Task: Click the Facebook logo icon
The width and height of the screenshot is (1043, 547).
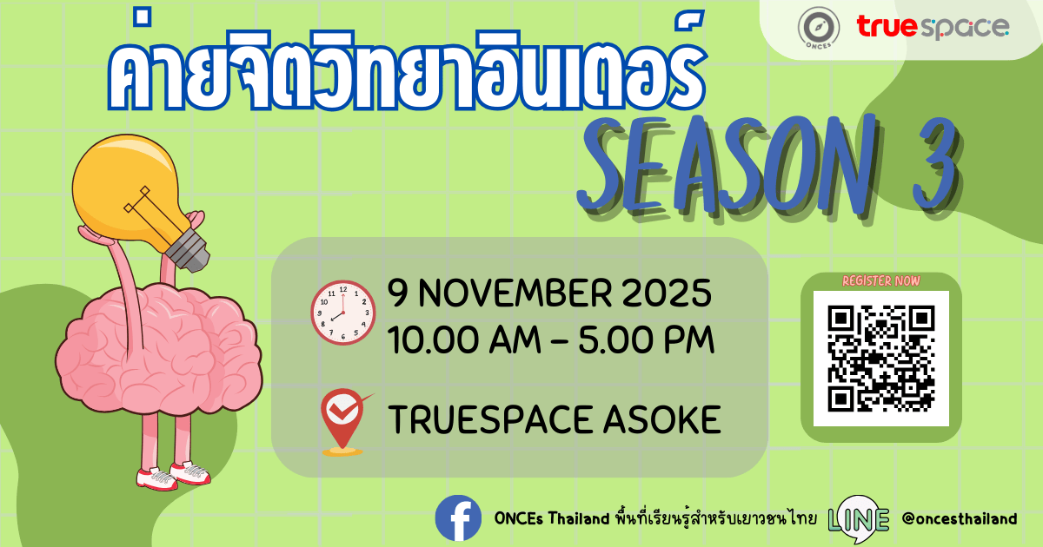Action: [458, 518]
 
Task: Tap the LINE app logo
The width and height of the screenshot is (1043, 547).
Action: [859, 519]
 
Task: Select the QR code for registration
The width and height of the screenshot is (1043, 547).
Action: [881, 359]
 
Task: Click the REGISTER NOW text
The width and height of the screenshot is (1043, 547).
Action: [881, 281]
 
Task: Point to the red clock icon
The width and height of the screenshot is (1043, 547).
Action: [343, 313]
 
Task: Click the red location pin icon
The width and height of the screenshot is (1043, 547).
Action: [344, 422]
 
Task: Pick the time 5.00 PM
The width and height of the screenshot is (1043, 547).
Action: [647, 340]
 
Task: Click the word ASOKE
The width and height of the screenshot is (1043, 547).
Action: [662, 419]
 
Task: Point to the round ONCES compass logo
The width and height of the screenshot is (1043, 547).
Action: [819, 28]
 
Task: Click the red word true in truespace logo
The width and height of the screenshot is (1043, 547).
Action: [887, 26]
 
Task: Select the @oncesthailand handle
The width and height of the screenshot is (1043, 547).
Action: [960, 518]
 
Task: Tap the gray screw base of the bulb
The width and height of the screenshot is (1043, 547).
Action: [187, 250]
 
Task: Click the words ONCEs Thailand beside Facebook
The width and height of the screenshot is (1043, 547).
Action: [552, 518]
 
